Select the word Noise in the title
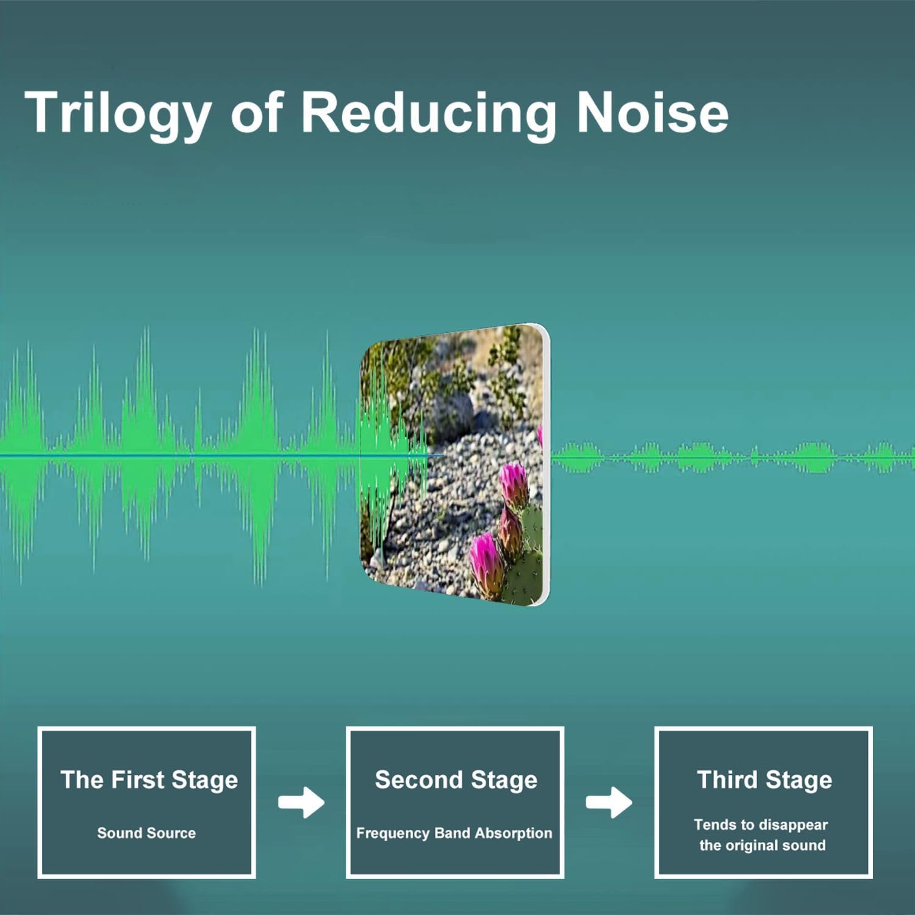[652, 112]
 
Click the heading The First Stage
[149, 780]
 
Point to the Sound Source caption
[146, 833]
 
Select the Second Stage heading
[456, 780]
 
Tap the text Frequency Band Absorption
[454, 833]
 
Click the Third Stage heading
[764, 780]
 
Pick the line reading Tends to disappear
[761, 825]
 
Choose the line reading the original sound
[762, 845]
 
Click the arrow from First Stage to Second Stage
[301, 802]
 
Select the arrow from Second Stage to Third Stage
[609, 802]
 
